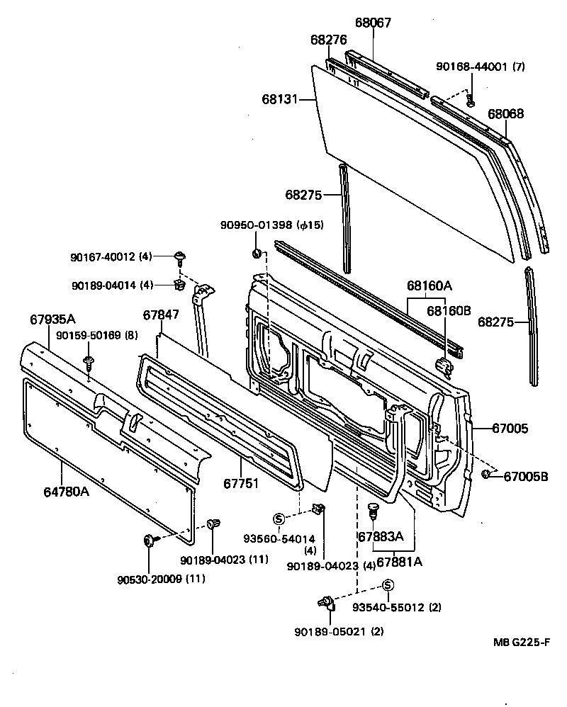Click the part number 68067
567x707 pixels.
pyautogui.click(x=373, y=23)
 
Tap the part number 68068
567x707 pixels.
pyautogui.click(x=505, y=113)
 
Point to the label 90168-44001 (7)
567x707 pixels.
pyautogui.click(x=479, y=67)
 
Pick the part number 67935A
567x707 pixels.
pyautogui.click(x=52, y=319)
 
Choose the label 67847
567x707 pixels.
pyautogui.click(x=161, y=315)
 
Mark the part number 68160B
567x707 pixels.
pyautogui.click(x=449, y=310)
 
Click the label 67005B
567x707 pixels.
pyautogui.click(x=526, y=476)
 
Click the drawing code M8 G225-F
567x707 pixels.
pyautogui.click(x=522, y=643)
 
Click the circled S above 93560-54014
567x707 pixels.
pyautogui.click(x=278, y=518)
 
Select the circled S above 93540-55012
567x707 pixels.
pyautogui.click(x=388, y=584)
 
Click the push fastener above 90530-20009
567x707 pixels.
pyautogui.click(x=150, y=541)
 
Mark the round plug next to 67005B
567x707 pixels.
pyautogui.click(x=488, y=473)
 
